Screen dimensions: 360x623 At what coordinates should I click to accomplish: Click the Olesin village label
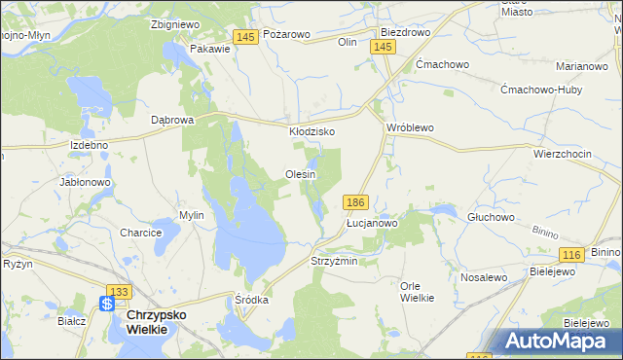coord(301,174)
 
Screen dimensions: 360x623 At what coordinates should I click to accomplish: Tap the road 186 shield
coord(355,201)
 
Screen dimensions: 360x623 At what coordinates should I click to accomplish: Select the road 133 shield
coord(120,291)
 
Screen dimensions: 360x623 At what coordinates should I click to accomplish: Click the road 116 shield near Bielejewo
coord(571,254)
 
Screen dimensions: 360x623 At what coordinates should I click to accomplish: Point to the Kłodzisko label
coord(311,130)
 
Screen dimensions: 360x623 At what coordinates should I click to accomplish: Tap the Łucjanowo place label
coord(373,223)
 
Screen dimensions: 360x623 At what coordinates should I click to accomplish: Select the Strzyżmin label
coord(334,262)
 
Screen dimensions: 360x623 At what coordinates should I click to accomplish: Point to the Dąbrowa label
coord(173,120)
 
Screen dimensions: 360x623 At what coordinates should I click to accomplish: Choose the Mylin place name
coord(191,215)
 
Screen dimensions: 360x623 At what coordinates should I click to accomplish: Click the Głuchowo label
coord(491,217)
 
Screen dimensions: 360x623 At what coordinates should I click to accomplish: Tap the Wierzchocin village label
coord(563,154)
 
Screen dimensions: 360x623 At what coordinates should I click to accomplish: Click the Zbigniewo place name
coord(175,25)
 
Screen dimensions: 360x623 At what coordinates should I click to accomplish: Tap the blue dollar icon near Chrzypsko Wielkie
coord(108,305)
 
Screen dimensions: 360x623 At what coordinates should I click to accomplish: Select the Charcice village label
coord(140,234)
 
